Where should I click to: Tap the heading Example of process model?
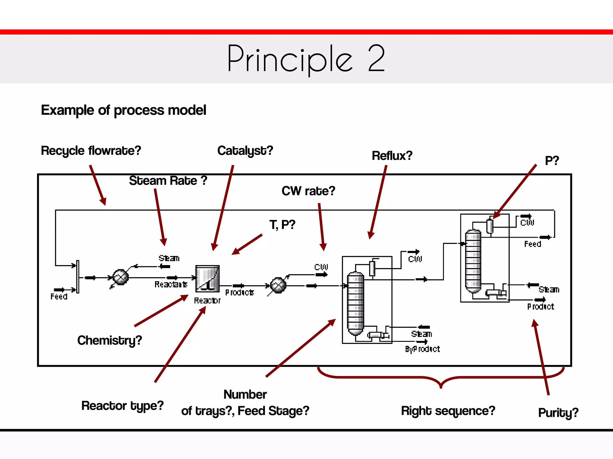point(123,110)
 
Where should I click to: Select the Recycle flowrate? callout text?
point(91,151)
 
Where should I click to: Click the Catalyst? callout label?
point(245,151)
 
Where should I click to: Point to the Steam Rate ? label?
point(168,180)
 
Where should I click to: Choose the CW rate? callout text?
point(308,191)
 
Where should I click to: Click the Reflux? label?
point(392,156)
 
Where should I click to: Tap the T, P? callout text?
point(282,225)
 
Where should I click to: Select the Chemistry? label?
point(109,340)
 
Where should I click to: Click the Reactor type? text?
point(122,406)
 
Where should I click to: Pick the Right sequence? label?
point(448,411)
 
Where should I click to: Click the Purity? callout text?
point(558,413)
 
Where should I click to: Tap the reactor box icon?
point(207,279)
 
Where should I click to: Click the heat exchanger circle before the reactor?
point(120,277)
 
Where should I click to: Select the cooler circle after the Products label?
point(278,286)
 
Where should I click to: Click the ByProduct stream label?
point(422,349)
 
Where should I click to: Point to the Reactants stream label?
point(171,284)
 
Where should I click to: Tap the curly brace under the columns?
point(441,378)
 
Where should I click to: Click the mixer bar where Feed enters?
point(78,276)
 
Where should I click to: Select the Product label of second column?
point(541,307)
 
